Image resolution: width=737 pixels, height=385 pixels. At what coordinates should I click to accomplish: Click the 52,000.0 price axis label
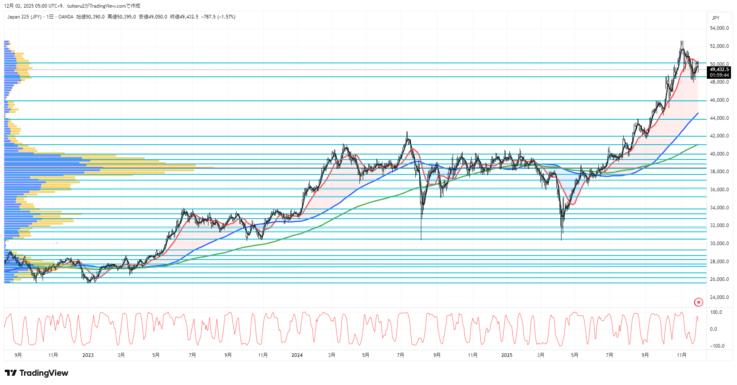click(x=719, y=46)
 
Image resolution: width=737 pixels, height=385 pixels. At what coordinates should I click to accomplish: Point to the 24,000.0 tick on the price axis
click(x=719, y=297)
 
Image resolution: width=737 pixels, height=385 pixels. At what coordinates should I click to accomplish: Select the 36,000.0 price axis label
click(x=719, y=190)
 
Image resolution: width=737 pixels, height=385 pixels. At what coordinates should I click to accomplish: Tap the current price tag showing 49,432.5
click(x=719, y=70)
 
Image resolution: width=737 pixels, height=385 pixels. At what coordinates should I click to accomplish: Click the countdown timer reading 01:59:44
click(x=719, y=75)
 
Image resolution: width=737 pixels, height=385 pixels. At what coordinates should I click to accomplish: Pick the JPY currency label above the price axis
click(x=716, y=18)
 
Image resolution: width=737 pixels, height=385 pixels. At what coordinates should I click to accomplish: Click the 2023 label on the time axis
click(x=88, y=355)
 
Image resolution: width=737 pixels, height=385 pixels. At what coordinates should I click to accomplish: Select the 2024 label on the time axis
click(x=297, y=355)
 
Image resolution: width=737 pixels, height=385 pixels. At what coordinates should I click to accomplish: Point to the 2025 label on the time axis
click(x=507, y=355)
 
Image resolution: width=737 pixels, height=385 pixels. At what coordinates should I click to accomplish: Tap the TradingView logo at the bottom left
click(x=37, y=373)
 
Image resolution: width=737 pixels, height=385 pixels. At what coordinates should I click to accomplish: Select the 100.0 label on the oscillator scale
click(x=716, y=312)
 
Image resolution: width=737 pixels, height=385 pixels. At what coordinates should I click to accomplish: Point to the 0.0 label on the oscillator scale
click(x=713, y=329)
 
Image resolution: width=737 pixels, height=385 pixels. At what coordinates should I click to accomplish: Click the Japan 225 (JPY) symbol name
click(x=24, y=17)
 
